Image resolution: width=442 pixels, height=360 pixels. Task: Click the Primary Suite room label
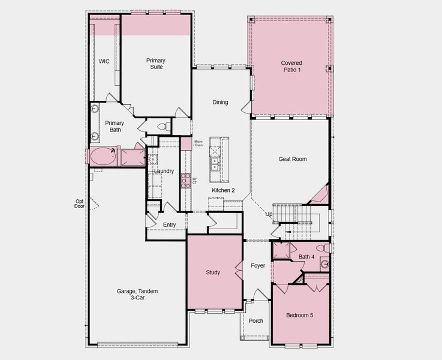[x=155, y=64]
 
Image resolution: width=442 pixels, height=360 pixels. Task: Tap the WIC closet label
[x=104, y=61]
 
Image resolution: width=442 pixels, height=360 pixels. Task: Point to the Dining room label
[x=220, y=102]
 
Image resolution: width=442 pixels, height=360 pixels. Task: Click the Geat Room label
[x=292, y=159]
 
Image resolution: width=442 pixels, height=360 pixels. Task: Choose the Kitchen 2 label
[x=223, y=190]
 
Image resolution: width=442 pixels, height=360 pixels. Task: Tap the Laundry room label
[x=164, y=171]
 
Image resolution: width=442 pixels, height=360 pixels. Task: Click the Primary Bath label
[x=115, y=127]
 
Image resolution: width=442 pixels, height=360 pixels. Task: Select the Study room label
[x=213, y=272]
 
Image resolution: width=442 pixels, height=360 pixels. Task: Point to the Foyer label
[x=258, y=266]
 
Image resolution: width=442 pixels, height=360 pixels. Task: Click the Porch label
[x=256, y=321]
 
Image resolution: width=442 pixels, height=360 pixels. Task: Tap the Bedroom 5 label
[x=299, y=316]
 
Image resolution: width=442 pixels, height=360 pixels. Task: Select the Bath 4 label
[x=306, y=257]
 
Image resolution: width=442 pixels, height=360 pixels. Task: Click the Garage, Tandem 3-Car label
[x=139, y=294]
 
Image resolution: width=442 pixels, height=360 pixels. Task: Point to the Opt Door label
[x=79, y=203]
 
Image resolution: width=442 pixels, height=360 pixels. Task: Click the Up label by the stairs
[x=269, y=214]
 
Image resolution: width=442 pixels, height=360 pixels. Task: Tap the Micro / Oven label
[x=199, y=143]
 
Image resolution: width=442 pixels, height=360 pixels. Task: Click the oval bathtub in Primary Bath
[x=103, y=157]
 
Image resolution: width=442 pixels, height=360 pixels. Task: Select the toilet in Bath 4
[x=322, y=247]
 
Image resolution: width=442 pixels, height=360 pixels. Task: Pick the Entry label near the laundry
[x=170, y=225]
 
